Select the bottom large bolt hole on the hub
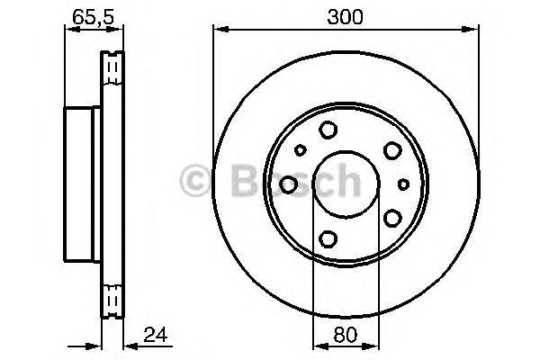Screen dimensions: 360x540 [328, 238]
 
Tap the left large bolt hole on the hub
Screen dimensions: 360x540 [289, 184]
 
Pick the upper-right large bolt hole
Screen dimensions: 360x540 [392, 150]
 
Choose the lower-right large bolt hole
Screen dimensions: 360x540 [392, 218]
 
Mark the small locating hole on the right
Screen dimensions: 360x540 [403, 184]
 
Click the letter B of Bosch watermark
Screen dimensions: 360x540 [246, 182]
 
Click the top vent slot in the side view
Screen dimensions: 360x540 [113, 67]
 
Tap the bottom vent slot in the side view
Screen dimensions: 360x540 [113, 299]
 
